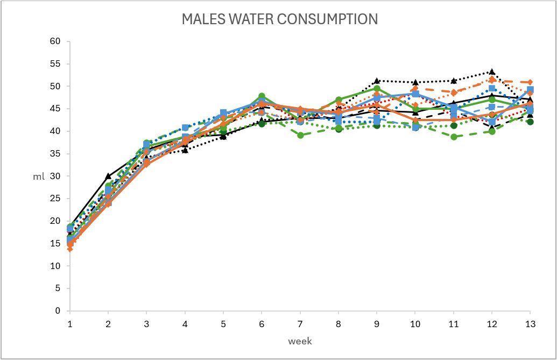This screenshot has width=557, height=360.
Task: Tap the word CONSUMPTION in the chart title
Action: click(x=327, y=19)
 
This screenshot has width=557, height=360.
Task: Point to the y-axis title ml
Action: click(x=39, y=176)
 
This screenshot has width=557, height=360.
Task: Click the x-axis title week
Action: click(x=300, y=341)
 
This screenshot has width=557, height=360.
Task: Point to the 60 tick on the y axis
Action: click(x=55, y=41)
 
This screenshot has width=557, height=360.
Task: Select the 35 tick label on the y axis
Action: click(x=55, y=154)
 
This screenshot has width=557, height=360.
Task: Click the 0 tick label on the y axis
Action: click(x=58, y=310)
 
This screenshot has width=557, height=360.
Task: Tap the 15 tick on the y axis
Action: click(x=55, y=244)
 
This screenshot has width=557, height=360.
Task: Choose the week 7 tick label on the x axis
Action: click(x=300, y=324)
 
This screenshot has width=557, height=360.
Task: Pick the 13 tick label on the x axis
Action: click(x=530, y=324)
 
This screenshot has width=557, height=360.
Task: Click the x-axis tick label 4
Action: click(x=185, y=324)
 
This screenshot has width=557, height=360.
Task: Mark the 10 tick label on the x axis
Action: click(x=415, y=324)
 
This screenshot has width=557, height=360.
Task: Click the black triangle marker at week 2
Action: click(x=108, y=176)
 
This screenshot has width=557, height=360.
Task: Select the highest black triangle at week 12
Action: click(x=492, y=72)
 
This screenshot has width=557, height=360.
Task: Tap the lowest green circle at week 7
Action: click(x=300, y=135)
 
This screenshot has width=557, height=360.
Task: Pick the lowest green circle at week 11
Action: click(x=454, y=137)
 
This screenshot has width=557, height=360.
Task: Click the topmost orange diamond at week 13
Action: click(x=530, y=82)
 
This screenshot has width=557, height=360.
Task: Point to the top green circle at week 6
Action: click(x=262, y=96)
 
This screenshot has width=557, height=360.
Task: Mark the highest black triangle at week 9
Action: click(x=377, y=81)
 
